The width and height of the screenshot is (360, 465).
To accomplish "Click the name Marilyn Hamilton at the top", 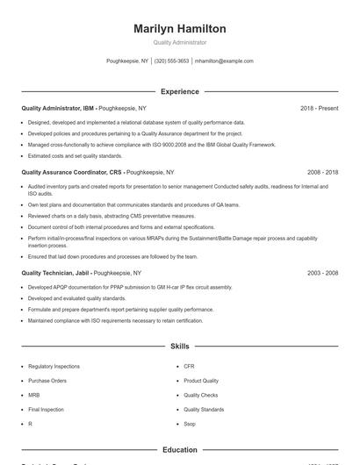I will point(180,29).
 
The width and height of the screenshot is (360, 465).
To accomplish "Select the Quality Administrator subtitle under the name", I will point(180,42).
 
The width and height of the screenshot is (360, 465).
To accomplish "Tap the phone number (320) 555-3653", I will point(171,61).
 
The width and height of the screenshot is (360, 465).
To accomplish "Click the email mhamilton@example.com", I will point(224,61).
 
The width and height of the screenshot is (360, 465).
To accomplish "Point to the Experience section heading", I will point(180,91).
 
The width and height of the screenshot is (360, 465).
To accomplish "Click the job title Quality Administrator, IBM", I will point(58,108).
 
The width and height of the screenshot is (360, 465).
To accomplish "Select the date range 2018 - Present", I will point(319,108).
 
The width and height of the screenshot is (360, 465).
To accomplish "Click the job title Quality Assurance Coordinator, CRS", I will point(72,173).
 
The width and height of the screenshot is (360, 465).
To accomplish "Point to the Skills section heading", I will point(180,347).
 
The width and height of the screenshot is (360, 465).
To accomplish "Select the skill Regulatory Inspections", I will point(54,366).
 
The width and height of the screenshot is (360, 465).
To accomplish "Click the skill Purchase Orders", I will point(47,381).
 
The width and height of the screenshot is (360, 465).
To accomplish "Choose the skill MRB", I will point(33,395).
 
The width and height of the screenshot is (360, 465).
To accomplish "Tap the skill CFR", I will point(189,366).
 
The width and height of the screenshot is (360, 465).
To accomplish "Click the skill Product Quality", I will point(201,381).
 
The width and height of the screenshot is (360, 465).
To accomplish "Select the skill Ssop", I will point(190,424).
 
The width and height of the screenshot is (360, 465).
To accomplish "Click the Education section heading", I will point(180,450).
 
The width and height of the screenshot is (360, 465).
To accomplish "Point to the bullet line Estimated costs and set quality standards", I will point(75,155).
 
